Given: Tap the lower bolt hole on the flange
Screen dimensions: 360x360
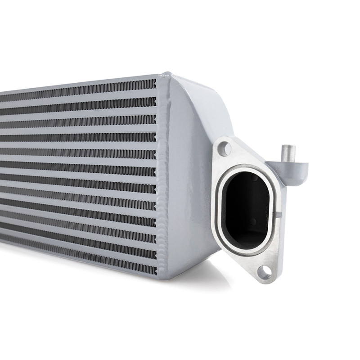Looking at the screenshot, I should [x=265, y=271].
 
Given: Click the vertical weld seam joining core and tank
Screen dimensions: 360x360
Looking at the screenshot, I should [x=161, y=180].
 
